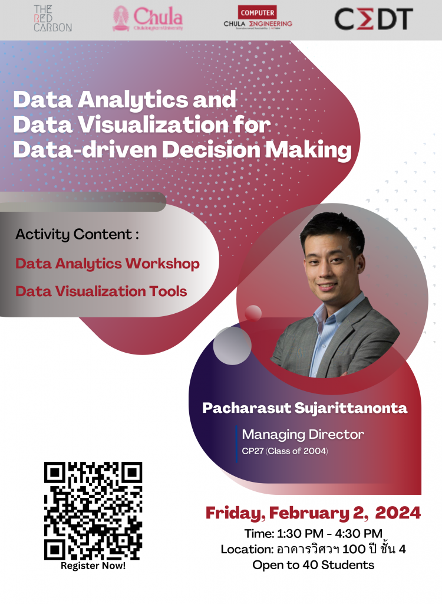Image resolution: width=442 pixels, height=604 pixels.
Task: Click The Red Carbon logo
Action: [x=53, y=18]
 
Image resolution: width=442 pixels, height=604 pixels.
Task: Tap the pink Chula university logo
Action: [x=148, y=18]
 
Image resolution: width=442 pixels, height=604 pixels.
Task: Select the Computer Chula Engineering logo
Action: [x=258, y=18]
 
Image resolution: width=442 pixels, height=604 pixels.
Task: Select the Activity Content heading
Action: [x=77, y=234]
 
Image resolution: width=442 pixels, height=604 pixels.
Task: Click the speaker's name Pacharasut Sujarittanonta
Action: [x=305, y=408]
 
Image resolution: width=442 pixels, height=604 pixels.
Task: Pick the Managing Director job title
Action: [x=303, y=435]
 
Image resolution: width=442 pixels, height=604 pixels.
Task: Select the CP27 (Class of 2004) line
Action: [x=285, y=451]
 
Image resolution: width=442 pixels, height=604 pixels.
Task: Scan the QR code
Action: [x=93, y=511]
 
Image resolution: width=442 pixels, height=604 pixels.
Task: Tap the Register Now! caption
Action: [x=93, y=566]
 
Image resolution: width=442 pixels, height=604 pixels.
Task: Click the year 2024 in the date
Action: [x=398, y=513]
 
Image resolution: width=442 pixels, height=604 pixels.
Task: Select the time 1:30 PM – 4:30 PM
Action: [x=329, y=533]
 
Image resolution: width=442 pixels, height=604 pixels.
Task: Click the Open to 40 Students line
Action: [x=314, y=565]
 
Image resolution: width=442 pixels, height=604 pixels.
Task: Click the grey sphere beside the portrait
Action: [x=232, y=346]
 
